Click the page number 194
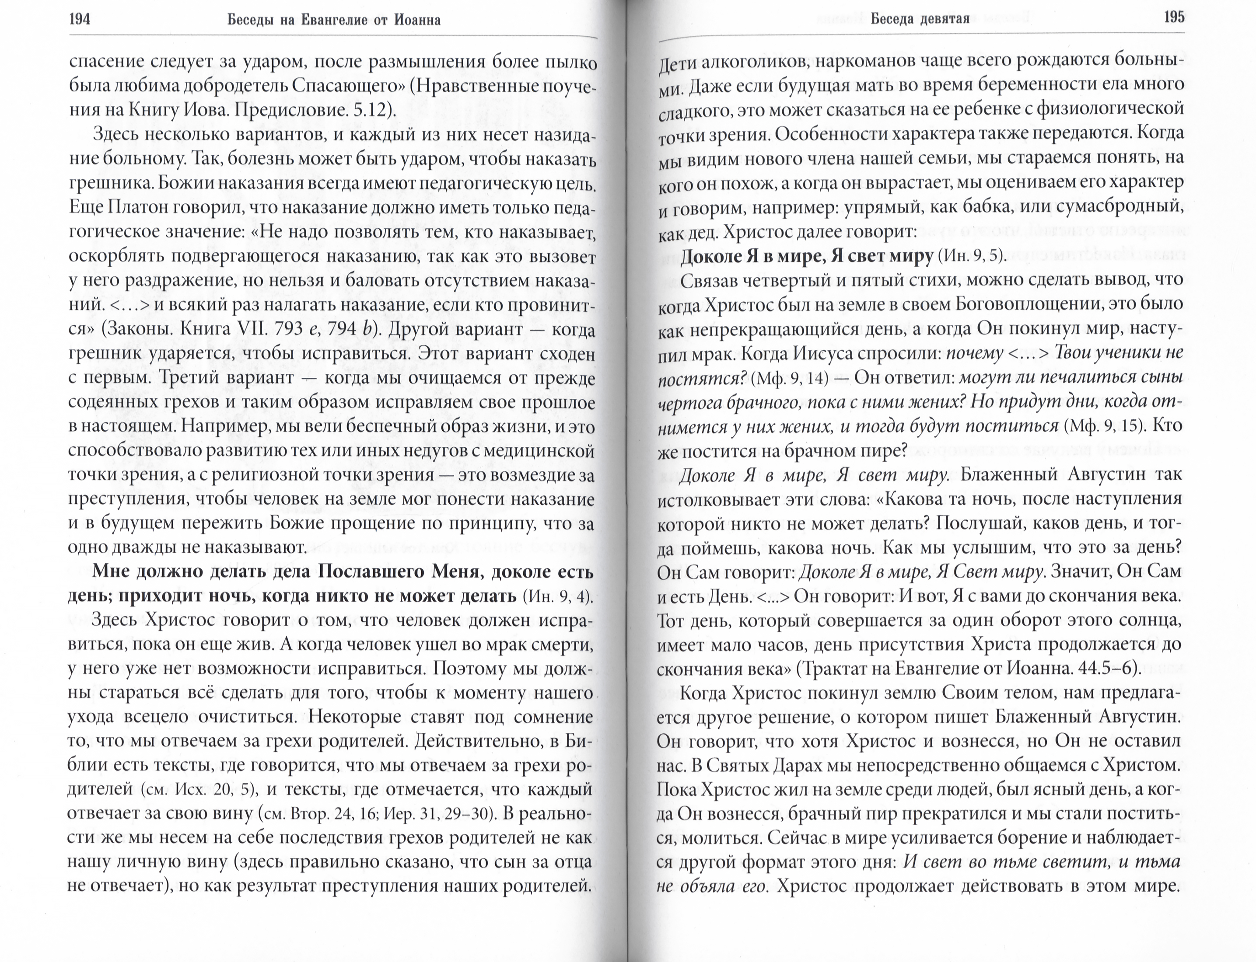pos(80,21)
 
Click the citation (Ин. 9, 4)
pos(557,597)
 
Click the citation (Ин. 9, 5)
pos(972,256)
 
